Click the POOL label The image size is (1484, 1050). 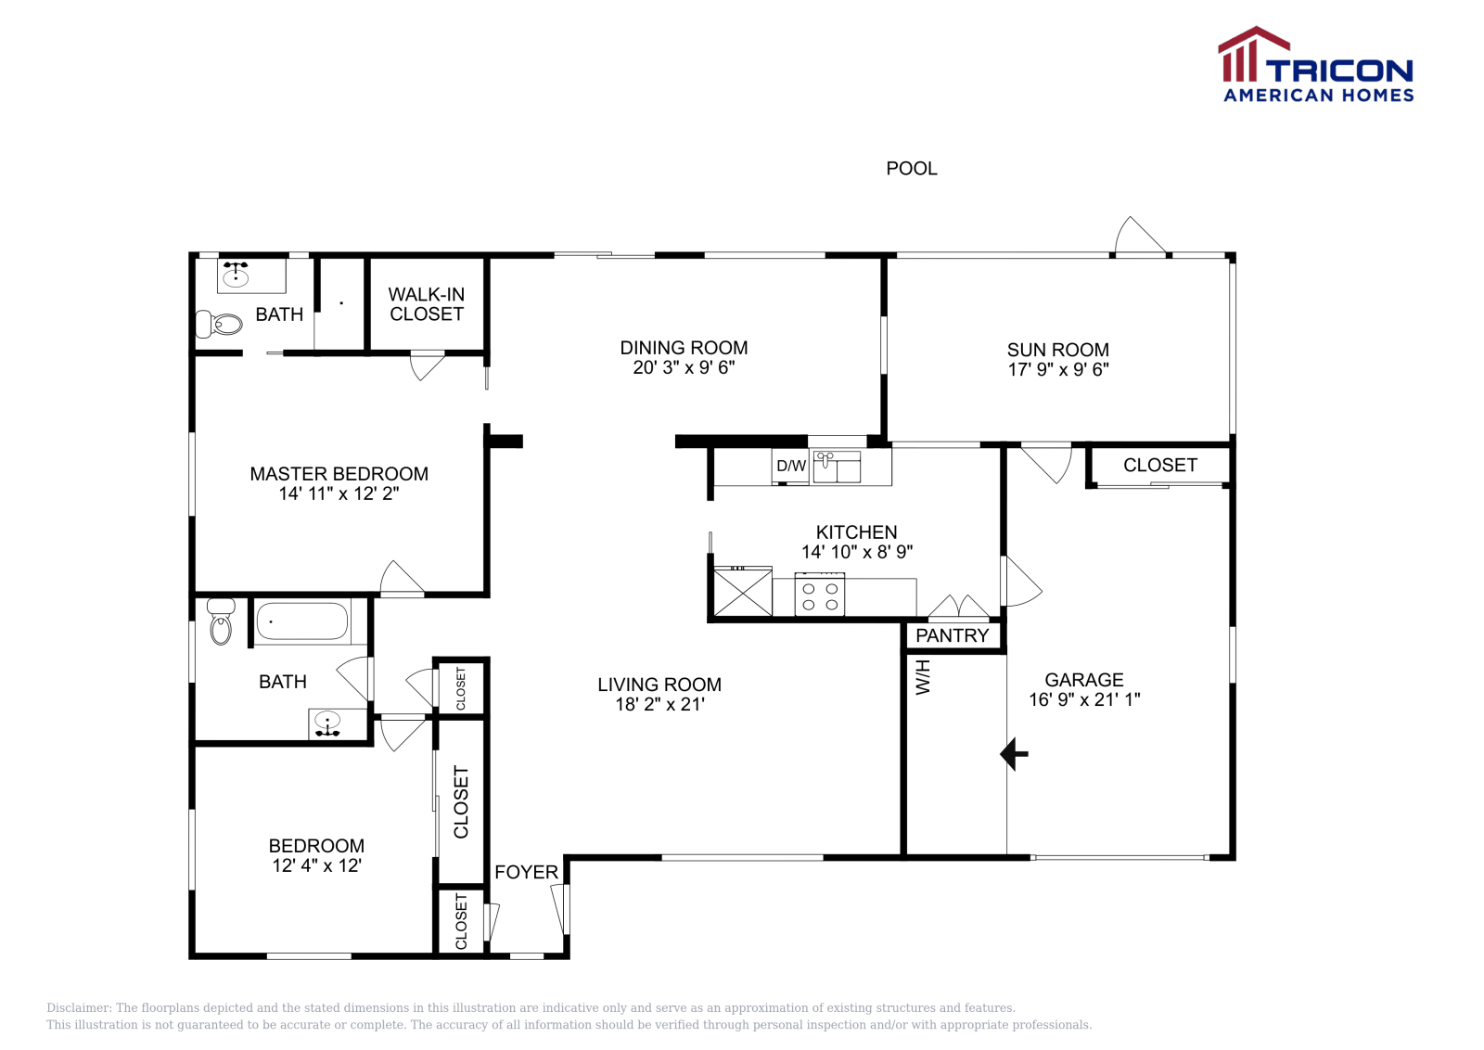912,169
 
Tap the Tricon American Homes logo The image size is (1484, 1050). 1316,64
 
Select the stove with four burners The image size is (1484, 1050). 820,595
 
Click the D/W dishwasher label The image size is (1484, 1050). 791,466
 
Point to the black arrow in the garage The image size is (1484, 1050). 1014,754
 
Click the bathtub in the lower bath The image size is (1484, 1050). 302,621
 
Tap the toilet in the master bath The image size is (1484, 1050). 219,324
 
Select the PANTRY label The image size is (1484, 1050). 952,636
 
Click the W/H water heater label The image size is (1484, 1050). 923,678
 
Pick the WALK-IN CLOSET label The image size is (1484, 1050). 426,304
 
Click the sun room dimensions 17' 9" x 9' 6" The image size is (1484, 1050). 1058,370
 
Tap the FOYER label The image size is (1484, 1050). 526,873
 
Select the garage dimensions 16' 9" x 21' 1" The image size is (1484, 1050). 1084,699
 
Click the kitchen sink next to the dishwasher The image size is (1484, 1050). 837,467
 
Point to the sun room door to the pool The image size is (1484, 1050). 1140,236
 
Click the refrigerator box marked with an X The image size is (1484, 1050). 743,592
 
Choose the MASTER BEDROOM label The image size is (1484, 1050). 339,474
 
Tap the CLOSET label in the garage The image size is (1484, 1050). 1160,465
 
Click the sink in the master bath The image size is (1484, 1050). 236,275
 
